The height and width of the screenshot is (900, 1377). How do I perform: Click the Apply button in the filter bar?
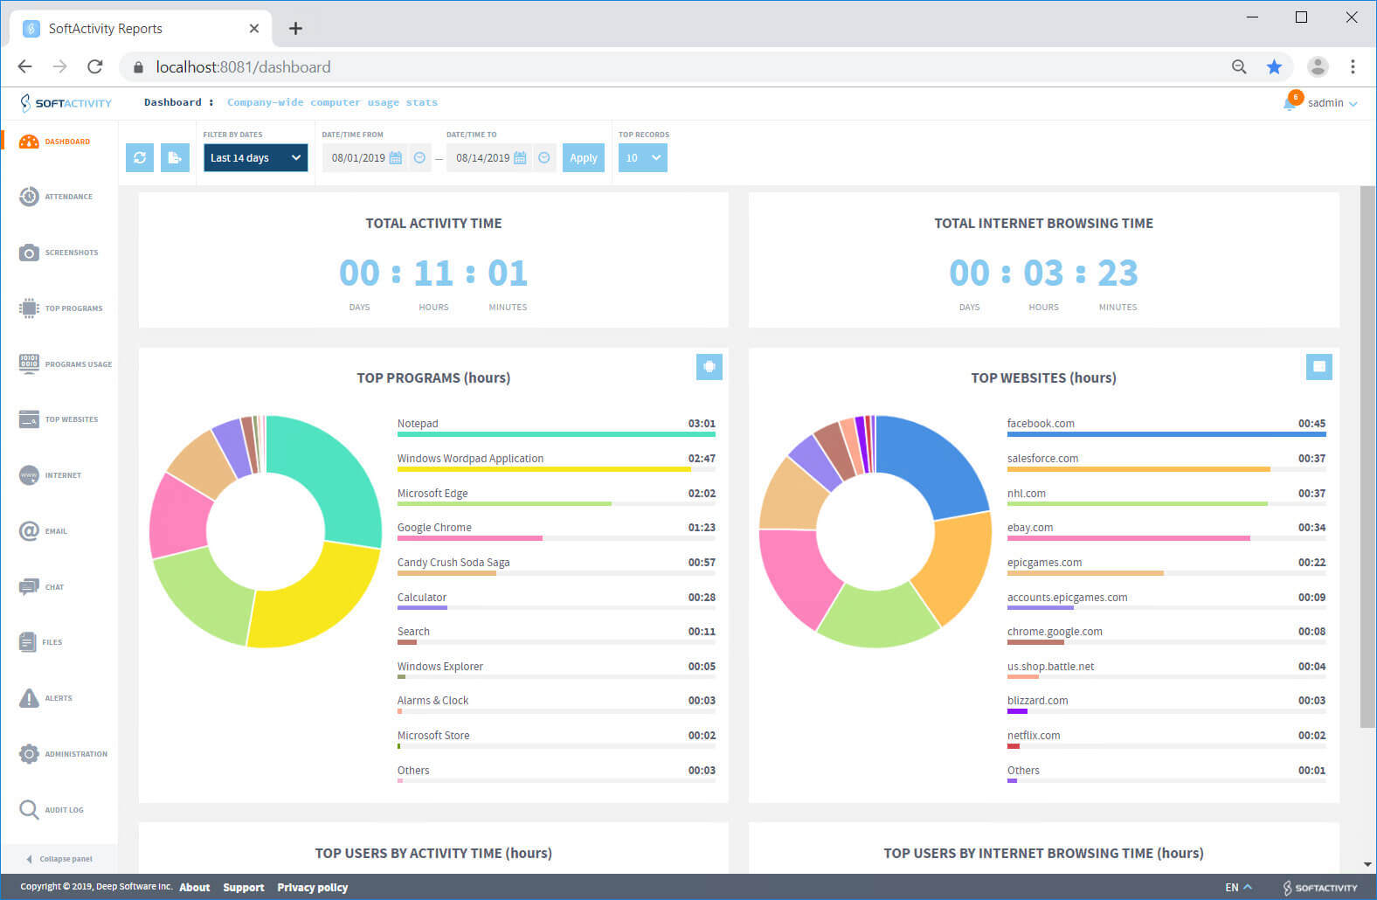pyautogui.click(x=583, y=158)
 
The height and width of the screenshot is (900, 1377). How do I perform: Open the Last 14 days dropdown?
pyautogui.click(x=255, y=158)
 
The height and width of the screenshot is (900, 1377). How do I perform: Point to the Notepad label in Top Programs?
pyautogui.click(x=418, y=424)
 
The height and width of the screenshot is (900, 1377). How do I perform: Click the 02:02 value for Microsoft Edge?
pyautogui.click(x=702, y=494)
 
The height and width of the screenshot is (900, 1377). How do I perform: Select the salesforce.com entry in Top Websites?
pyautogui.click(x=1042, y=459)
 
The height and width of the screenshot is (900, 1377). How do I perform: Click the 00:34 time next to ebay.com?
pyautogui.click(x=1311, y=528)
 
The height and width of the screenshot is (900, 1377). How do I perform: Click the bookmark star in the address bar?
pyautogui.click(x=1275, y=67)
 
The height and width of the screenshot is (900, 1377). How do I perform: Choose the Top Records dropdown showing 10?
pyautogui.click(x=642, y=158)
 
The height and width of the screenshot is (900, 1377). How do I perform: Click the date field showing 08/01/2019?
pyautogui.click(x=358, y=158)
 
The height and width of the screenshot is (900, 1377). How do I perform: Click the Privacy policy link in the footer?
pyautogui.click(x=312, y=888)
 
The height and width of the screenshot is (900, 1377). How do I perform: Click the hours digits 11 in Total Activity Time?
pyautogui.click(x=433, y=273)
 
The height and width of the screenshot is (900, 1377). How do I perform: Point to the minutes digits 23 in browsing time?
pyautogui.click(x=1118, y=273)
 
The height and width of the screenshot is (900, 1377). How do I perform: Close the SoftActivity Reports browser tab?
pyautogui.click(x=254, y=29)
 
